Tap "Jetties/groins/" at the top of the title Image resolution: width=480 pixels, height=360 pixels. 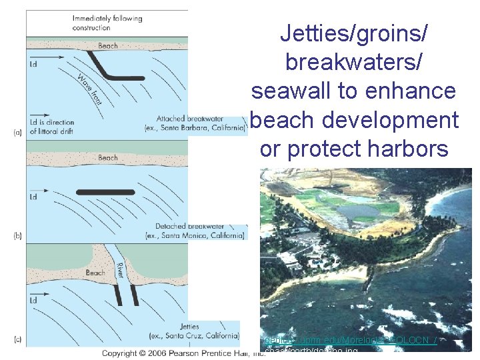[x=354, y=32]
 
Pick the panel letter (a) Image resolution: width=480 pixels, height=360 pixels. [x=18, y=133]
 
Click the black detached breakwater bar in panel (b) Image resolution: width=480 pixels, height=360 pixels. [x=105, y=192]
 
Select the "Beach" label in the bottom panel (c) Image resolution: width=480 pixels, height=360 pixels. [x=95, y=273]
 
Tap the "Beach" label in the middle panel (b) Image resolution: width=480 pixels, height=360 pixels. [x=108, y=158]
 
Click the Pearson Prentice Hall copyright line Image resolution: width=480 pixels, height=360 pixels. [x=183, y=352]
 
